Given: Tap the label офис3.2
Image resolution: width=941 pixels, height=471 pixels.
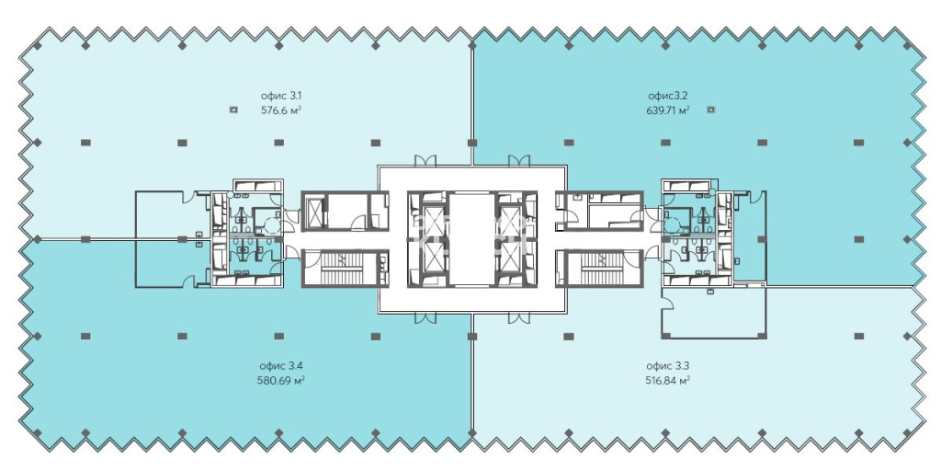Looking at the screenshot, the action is (668, 96).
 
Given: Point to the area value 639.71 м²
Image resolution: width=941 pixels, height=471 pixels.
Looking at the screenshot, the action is (667, 110).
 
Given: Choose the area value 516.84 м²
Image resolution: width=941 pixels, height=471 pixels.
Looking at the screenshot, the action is (667, 380).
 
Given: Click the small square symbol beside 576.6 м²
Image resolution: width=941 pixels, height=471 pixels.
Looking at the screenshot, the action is (233, 110).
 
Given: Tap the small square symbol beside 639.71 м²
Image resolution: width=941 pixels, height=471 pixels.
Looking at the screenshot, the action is (711, 110).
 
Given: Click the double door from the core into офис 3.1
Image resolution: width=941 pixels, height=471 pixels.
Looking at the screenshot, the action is (425, 160).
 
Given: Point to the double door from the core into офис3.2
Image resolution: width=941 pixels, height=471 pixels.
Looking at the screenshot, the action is (519, 160).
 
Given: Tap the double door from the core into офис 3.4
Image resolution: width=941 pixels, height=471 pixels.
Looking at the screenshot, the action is (425, 317).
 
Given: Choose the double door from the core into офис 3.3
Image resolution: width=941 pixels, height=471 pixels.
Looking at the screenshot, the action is (519, 317).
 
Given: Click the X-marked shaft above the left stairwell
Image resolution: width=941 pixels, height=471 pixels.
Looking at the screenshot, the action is (314, 211).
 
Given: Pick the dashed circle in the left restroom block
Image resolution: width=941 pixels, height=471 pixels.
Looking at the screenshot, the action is (273, 226).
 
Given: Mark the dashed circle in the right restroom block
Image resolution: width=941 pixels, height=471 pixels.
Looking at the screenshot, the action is (672, 226).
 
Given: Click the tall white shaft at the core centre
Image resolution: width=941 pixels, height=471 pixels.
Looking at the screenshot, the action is (472, 238).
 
